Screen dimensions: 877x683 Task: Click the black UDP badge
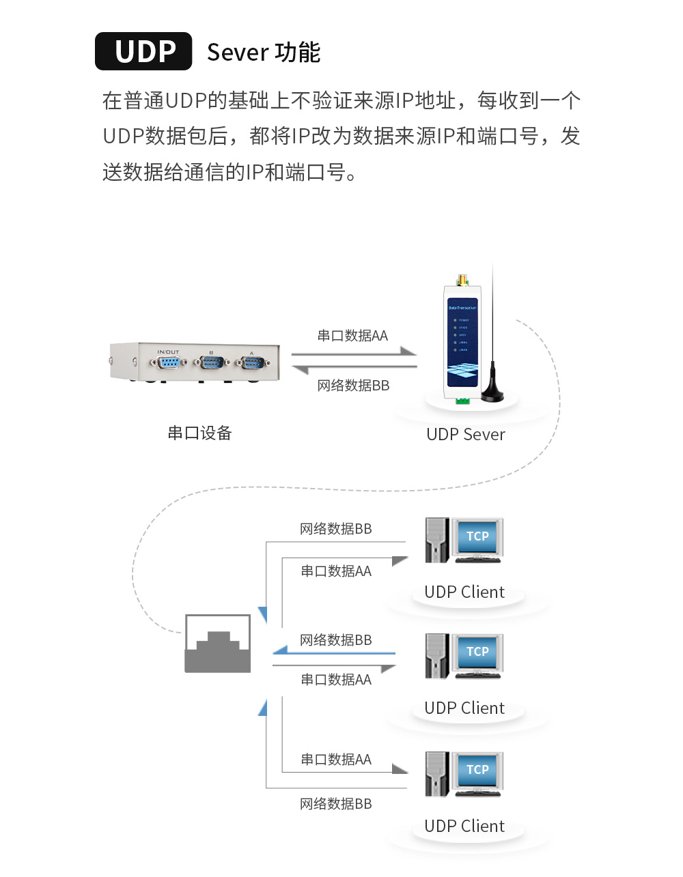click(143, 51)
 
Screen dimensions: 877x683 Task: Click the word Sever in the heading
click(238, 53)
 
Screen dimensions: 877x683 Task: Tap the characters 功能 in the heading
click(298, 53)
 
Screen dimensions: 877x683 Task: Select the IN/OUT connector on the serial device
click(167, 362)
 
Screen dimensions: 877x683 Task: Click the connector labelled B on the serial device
click(211, 362)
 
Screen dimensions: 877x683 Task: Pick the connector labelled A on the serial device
click(251, 362)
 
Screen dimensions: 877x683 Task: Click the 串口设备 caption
click(200, 433)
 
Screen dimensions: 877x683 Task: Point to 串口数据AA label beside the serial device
click(352, 336)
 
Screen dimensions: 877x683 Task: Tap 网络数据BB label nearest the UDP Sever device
click(353, 386)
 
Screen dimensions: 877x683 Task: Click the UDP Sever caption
click(465, 435)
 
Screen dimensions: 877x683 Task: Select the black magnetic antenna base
click(492, 394)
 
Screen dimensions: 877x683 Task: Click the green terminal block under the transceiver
click(463, 401)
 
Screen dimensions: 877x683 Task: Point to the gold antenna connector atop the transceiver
click(462, 280)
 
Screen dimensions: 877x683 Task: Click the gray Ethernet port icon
click(218, 644)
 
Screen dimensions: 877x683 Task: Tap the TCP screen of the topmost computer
click(477, 537)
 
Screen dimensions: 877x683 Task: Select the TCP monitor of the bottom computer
click(477, 770)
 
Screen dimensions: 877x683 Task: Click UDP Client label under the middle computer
click(464, 708)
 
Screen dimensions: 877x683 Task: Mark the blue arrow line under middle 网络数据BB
click(335, 652)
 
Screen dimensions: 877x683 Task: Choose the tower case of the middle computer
click(436, 656)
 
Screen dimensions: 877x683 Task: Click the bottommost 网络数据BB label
click(336, 804)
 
